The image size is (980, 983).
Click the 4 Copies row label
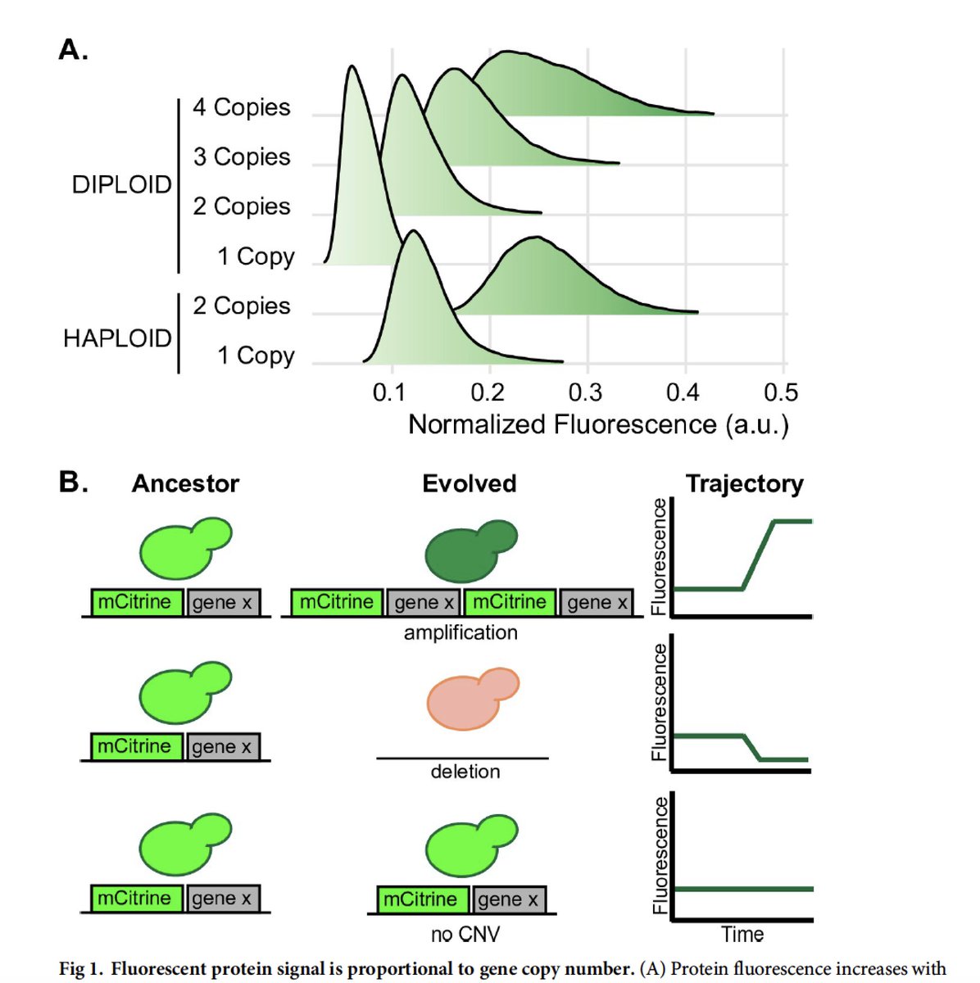[242, 107]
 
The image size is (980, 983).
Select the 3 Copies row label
[242, 156]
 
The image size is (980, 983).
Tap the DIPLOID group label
[121, 184]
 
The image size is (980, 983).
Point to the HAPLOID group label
[117, 337]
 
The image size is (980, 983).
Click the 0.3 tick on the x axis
[585, 392]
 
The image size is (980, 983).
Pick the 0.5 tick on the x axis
[780, 392]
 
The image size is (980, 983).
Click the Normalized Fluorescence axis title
[598, 424]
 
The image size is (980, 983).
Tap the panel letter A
[73, 50]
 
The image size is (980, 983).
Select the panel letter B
[73, 482]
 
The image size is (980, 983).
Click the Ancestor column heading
[185, 483]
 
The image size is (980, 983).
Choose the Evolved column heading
[469, 483]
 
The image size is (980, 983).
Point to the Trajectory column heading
[744, 483]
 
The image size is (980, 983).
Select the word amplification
[461, 632]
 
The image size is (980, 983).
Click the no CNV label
[465, 934]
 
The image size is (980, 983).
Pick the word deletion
[465, 772]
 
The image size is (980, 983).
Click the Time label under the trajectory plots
[742, 934]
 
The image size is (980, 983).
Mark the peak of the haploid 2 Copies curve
[534, 238]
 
